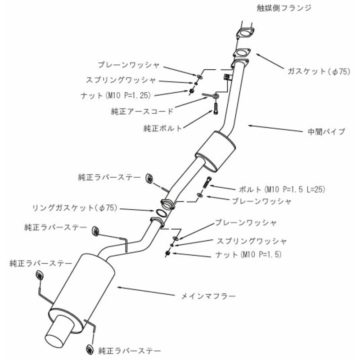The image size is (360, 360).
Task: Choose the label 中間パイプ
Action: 324,132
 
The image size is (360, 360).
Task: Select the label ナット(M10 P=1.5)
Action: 249,255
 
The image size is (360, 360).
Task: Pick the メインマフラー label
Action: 208,296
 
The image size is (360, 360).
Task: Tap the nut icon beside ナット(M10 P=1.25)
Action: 192,92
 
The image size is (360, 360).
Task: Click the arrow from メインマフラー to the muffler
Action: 144,290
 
